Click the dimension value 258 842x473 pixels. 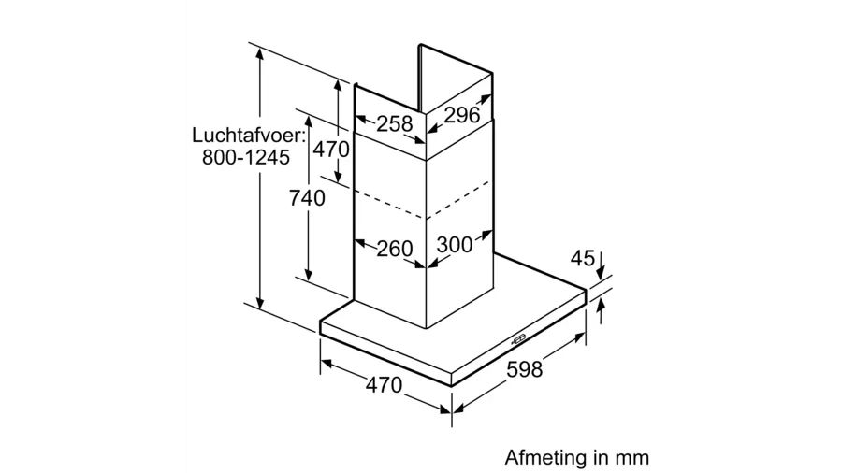click(394, 124)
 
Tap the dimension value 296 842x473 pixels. click(462, 115)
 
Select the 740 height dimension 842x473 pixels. click(307, 198)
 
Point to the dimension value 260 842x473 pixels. click(395, 249)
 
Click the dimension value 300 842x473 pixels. click(455, 245)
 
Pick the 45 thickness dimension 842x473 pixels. click(583, 259)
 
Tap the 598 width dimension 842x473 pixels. click(525, 368)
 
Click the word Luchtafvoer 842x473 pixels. click(245, 135)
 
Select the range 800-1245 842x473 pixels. click(246, 157)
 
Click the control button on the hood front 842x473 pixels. click(519, 338)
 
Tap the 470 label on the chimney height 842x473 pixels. click(331, 149)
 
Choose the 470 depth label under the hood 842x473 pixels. click(384, 384)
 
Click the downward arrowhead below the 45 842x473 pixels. click(601, 274)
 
